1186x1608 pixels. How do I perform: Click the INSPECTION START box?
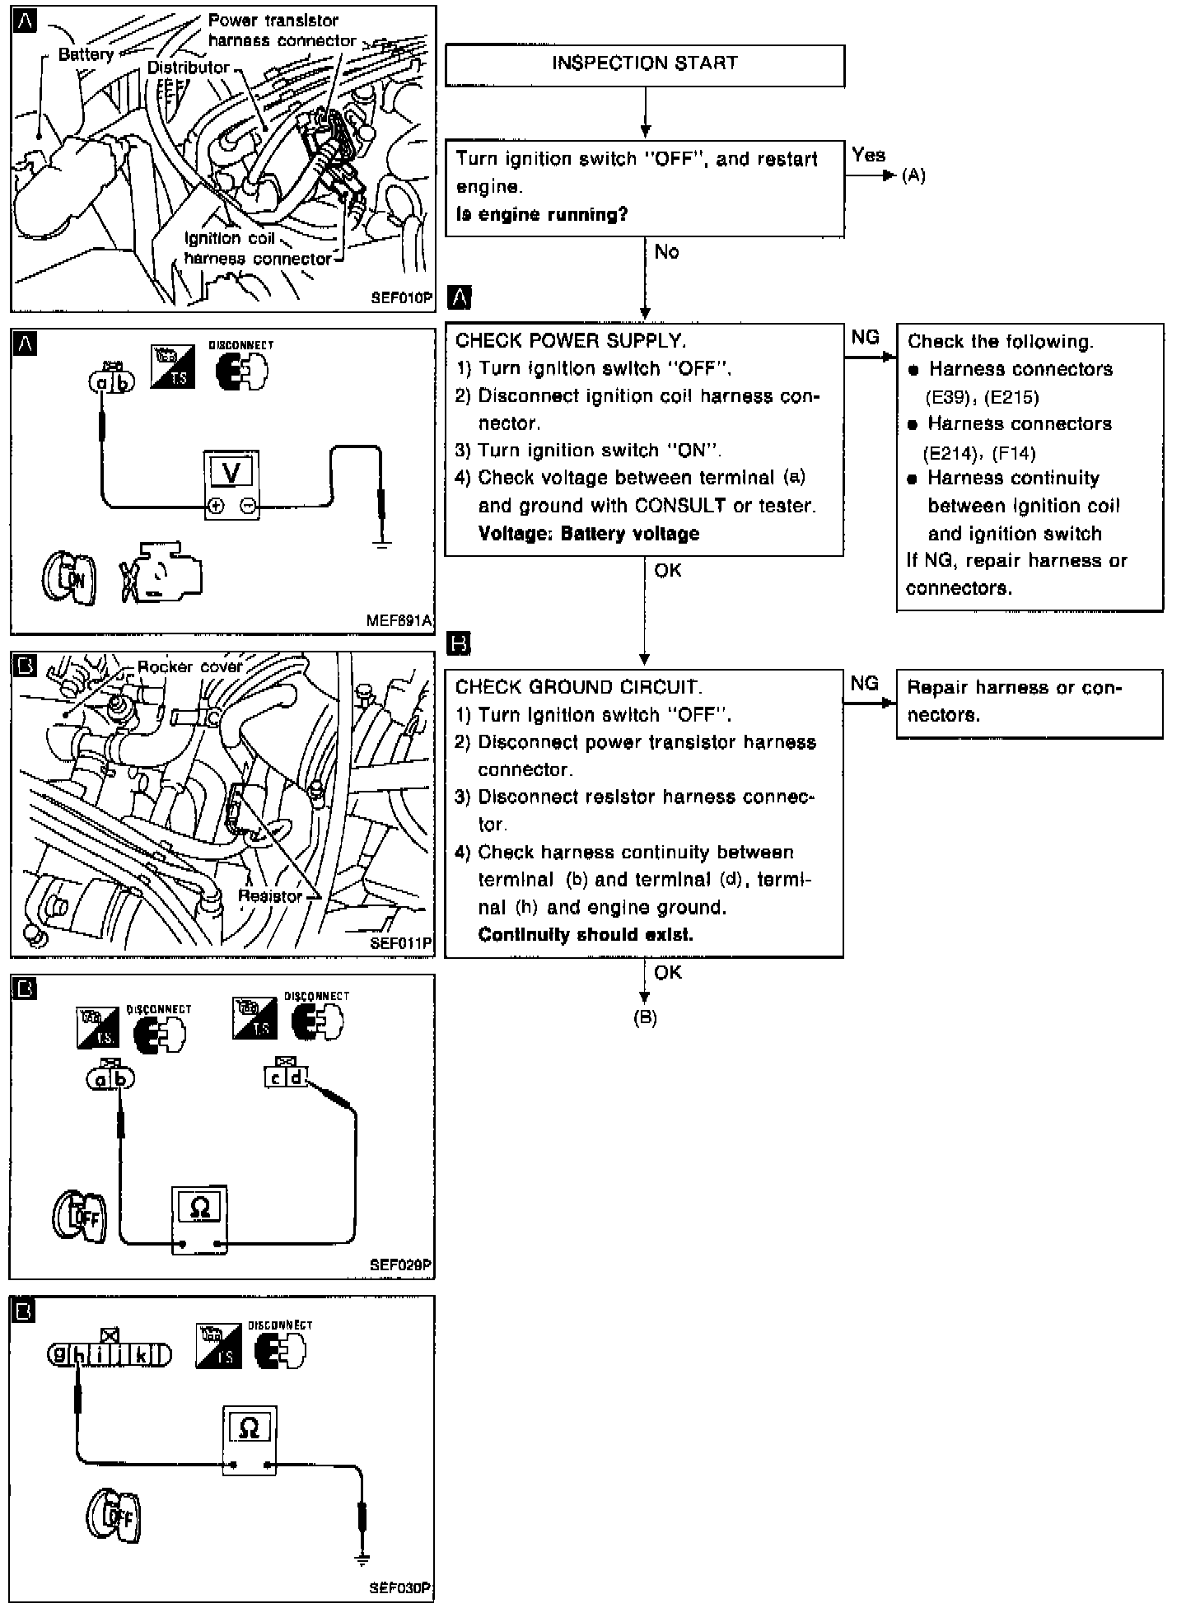click(644, 65)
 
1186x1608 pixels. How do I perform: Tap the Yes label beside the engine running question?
click(868, 155)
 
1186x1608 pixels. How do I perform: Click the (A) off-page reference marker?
click(913, 176)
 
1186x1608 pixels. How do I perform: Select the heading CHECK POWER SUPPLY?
click(570, 340)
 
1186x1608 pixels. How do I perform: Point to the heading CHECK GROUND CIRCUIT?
click(578, 687)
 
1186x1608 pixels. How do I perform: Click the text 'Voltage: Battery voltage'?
click(588, 533)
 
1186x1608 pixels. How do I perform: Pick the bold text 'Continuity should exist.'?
click(585, 935)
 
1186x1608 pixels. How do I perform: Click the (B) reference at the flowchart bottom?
click(645, 1018)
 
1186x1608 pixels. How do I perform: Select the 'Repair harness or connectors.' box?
click(1029, 703)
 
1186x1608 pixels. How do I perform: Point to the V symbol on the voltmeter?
click(233, 472)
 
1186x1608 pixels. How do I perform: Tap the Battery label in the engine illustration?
click(86, 55)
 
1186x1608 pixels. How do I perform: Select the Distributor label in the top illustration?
click(188, 68)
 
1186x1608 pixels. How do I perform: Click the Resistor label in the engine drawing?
click(270, 895)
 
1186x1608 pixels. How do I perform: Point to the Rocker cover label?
click(190, 666)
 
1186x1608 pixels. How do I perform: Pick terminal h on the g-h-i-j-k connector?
click(79, 1354)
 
